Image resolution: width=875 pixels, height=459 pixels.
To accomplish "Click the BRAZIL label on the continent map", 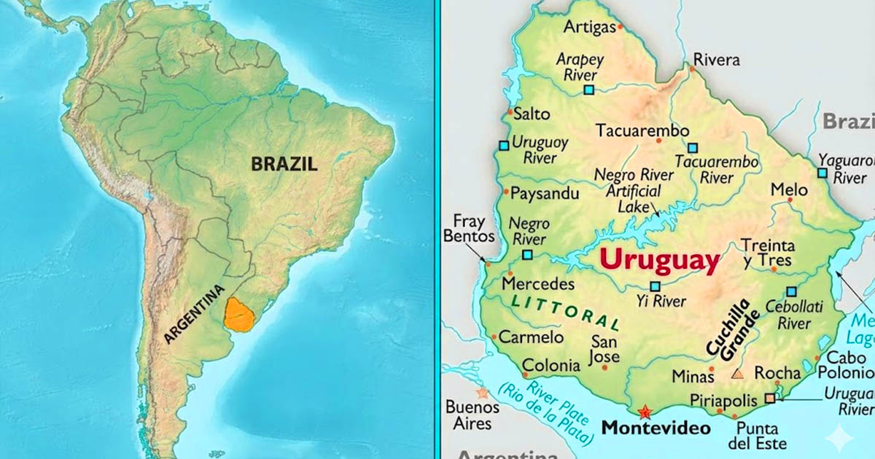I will coord(284,164).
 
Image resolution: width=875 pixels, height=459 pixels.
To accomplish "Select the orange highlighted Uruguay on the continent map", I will coord(238,314).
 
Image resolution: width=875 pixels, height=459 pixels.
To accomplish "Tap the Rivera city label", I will coord(716,60).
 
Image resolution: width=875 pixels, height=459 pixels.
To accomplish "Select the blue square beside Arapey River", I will coord(588,90).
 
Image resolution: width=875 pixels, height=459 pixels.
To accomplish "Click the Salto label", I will coord(532,114).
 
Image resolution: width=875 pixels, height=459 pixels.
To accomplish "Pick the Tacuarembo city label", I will coord(642,131).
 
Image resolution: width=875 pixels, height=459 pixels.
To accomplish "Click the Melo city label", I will coord(790,190).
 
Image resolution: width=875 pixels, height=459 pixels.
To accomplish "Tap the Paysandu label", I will coord(545,194).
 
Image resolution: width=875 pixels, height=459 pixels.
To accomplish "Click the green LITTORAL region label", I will coord(565,312).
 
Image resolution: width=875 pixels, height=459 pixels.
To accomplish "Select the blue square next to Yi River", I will coord(655,286).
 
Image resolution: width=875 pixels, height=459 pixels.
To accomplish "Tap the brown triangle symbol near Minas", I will coord(737,374).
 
